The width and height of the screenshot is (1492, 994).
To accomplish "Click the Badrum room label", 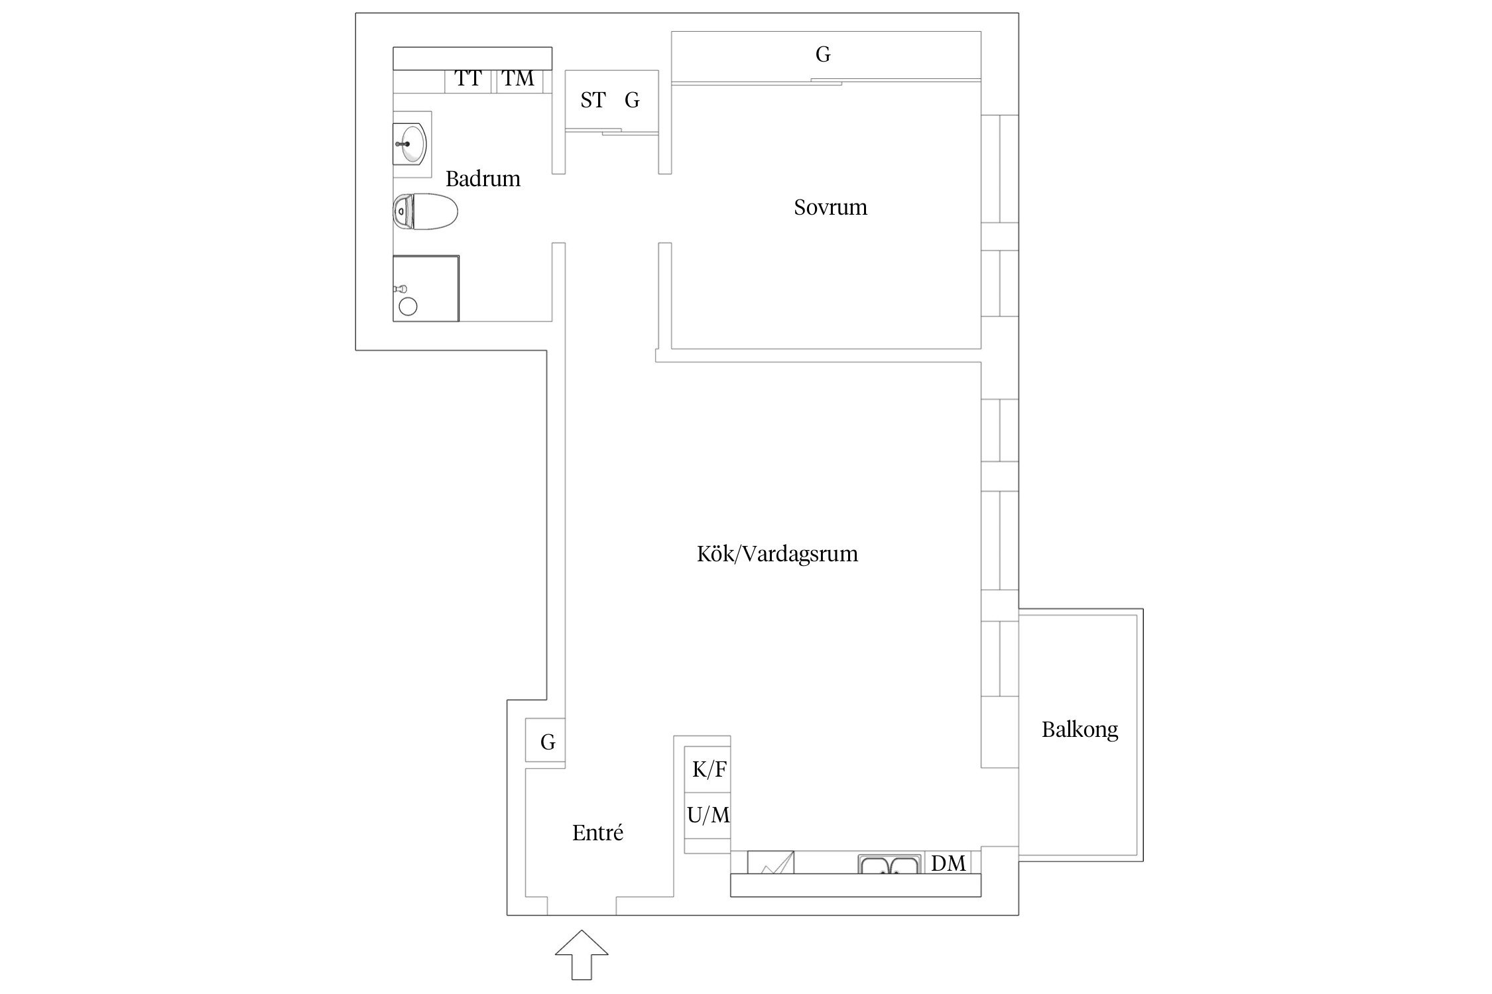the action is tap(483, 179).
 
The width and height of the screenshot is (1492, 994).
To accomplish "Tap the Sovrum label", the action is tap(830, 207).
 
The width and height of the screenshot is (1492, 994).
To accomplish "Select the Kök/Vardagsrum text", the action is tap(777, 554).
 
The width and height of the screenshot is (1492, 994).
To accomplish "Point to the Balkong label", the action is tap(1080, 730).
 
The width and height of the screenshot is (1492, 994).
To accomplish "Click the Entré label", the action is tap(597, 832).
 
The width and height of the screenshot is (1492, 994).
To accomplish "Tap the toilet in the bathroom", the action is tap(425, 212).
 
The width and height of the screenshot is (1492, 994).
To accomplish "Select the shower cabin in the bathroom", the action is tap(426, 288).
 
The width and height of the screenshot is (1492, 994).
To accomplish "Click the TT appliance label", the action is tap(467, 79).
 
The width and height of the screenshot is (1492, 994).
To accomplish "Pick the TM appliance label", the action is tap(517, 79).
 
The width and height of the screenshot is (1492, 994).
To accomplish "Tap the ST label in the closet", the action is tap(593, 100).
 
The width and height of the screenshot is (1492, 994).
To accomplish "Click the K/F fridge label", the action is tap(709, 769).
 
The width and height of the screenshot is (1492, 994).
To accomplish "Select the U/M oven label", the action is tap(708, 815).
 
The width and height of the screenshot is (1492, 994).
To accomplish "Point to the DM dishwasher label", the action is tap(948, 863).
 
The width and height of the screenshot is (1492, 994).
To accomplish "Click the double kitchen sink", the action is tap(889, 865).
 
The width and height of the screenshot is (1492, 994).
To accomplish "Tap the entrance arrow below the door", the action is tap(581, 954).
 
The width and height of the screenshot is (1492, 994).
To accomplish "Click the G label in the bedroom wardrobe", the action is tap(822, 54).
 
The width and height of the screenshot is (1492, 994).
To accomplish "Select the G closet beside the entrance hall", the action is tap(546, 740).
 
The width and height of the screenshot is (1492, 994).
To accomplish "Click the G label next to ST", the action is tap(632, 100).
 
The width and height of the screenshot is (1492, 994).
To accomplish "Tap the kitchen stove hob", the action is tap(771, 863).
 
